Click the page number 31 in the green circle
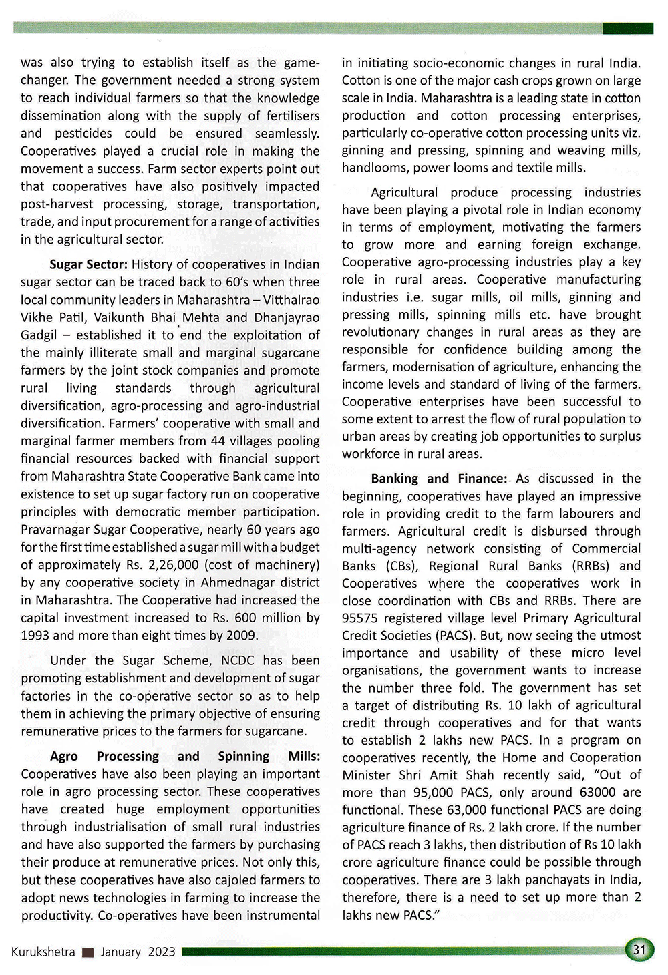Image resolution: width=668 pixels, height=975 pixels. [639, 950]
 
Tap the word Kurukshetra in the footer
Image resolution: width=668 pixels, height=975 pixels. [43, 952]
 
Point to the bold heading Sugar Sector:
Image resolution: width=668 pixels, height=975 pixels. [88, 264]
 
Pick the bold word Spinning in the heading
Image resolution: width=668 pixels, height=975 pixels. [245, 756]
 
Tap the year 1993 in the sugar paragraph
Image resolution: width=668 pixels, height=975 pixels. [35, 635]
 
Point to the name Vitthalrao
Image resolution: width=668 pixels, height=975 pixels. [291, 300]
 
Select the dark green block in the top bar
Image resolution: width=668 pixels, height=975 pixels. [628, 28]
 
